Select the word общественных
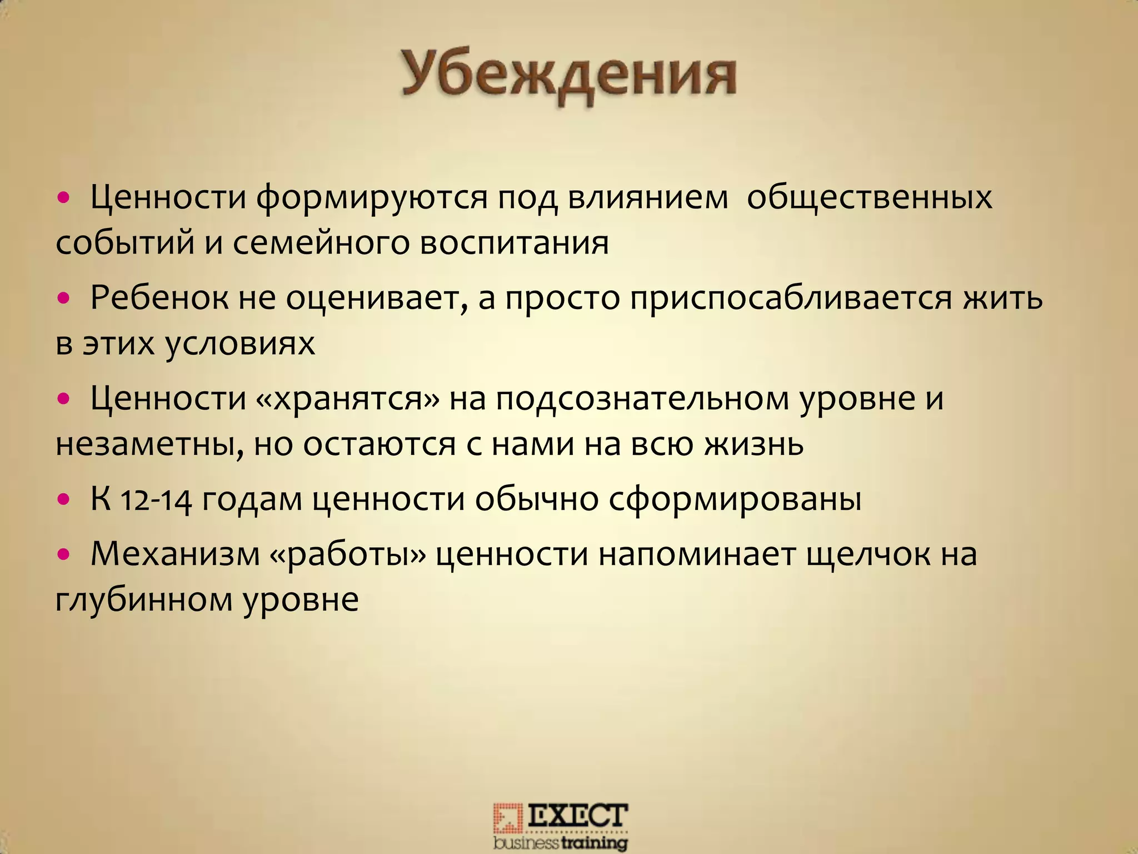pyautogui.click(x=869, y=197)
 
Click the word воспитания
pyautogui.click(x=514, y=243)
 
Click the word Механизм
pyautogui.click(x=175, y=554)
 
